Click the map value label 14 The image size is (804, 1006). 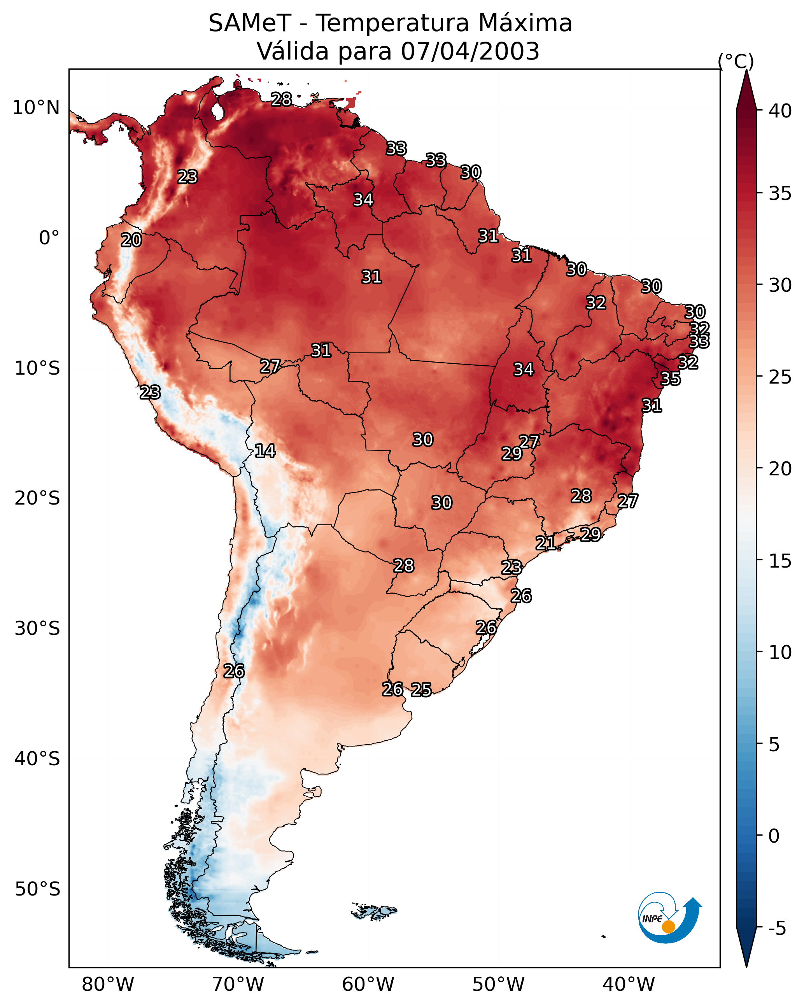coord(265,451)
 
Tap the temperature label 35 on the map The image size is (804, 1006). coord(671,379)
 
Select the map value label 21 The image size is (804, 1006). coord(545,543)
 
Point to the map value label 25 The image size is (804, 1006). coord(421,689)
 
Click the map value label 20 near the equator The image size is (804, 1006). coord(131,240)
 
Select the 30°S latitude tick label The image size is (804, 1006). coord(37,629)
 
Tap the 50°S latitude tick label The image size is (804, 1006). coord(37,889)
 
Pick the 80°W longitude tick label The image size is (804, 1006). coord(108,984)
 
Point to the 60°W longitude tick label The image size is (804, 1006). coord(368,984)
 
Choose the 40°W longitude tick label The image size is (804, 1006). coord(629,984)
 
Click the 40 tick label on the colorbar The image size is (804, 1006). coord(780,111)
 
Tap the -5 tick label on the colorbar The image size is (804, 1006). coord(777,928)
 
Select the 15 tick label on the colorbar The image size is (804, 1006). coord(780,561)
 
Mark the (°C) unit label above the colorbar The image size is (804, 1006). coord(736,61)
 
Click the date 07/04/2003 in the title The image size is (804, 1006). coord(470,51)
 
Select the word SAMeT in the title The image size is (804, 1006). coord(250,23)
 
